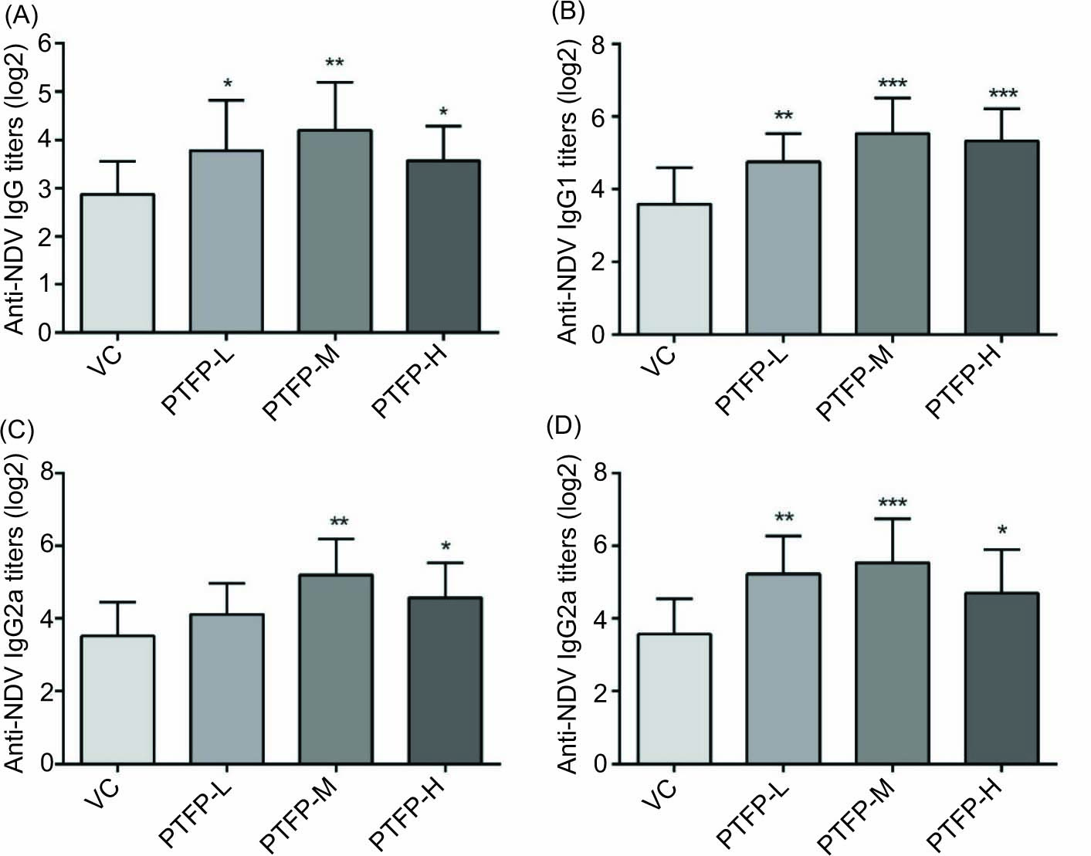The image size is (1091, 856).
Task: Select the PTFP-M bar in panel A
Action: (336, 232)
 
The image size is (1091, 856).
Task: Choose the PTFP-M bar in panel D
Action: (891, 663)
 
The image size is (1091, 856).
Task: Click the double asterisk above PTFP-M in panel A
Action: (335, 63)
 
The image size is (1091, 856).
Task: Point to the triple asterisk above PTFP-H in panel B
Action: (1002, 94)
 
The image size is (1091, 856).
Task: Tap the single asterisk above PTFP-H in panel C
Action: (446, 547)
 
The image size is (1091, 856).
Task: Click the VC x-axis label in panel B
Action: (661, 360)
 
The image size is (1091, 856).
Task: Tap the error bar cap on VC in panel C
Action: (117, 602)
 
